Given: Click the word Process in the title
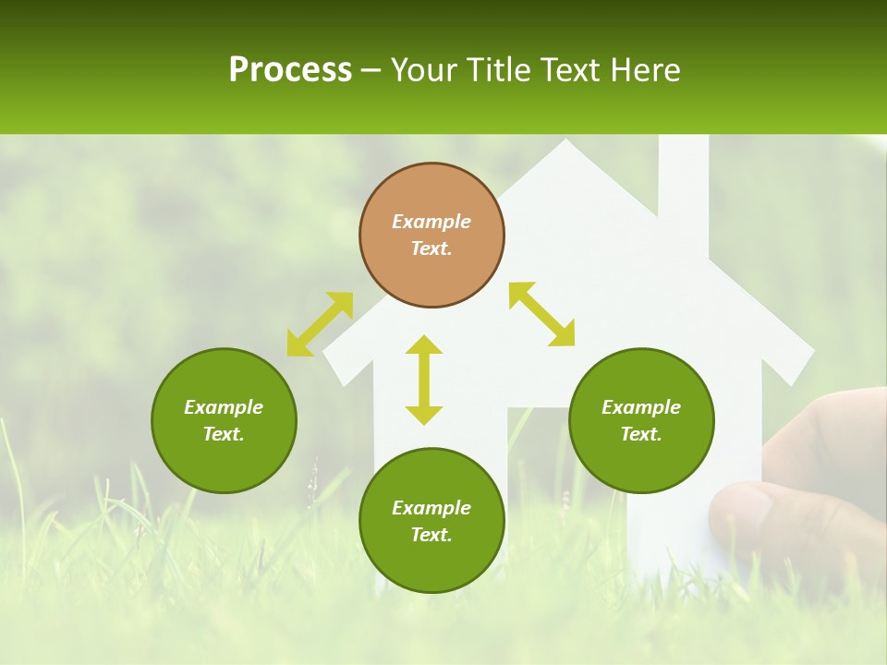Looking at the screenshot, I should pos(290,70).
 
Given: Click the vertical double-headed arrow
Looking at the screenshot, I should pos(424,380).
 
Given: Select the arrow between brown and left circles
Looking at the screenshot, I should pos(320,324).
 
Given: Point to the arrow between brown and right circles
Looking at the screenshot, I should pos(541,314).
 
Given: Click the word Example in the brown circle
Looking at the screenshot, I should pos(431,222).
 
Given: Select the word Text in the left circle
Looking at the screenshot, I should pos(224,434).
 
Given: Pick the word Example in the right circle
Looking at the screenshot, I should pos(641,407).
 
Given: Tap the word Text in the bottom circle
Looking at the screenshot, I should pos(431,535).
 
